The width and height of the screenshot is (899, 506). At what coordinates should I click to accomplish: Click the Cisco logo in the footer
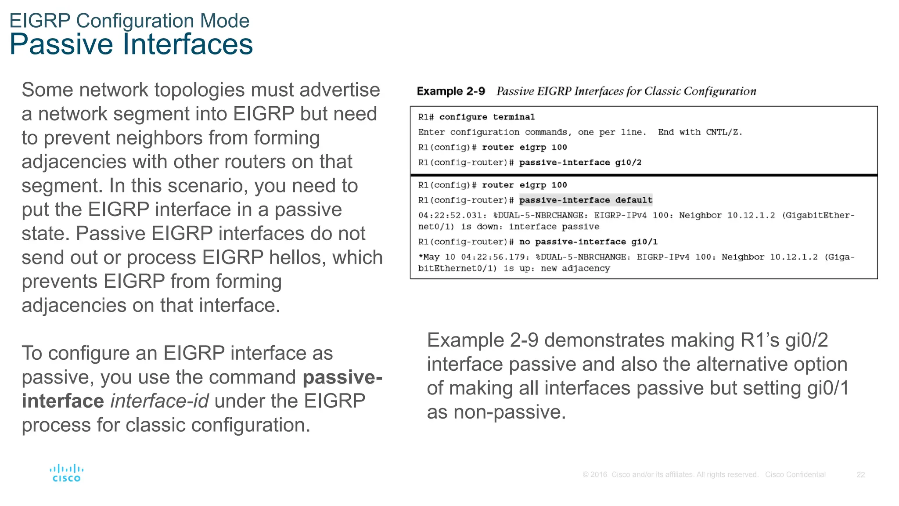click(66, 473)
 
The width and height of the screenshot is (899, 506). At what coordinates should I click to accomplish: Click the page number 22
click(860, 475)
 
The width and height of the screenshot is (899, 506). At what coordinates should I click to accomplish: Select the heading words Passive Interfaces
click(131, 44)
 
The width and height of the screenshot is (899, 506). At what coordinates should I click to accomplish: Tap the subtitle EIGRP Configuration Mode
click(129, 21)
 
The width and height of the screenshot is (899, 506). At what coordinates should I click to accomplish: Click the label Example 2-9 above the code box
click(451, 91)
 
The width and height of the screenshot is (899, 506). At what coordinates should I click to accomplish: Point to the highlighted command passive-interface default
click(586, 200)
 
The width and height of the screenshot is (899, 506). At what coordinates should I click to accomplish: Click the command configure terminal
click(487, 117)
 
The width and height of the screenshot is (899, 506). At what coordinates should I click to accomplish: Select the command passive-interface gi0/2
click(580, 163)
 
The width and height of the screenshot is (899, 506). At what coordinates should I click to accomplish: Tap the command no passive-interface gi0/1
click(588, 242)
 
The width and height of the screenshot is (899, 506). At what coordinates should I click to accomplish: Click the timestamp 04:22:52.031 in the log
click(452, 215)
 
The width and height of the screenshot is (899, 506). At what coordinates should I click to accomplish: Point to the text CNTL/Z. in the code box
click(724, 132)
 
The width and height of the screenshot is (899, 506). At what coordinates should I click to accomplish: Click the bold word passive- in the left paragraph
click(342, 377)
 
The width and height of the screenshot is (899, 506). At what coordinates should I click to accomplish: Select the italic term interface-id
click(159, 401)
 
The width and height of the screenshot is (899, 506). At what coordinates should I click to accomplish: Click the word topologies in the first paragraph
click(199, 90)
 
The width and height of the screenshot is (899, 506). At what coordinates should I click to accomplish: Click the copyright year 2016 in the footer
click(599, 475)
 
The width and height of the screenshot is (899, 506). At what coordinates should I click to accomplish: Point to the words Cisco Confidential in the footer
click(795, 475)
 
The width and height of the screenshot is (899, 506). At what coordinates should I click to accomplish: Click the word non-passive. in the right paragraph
click(509, 412)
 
